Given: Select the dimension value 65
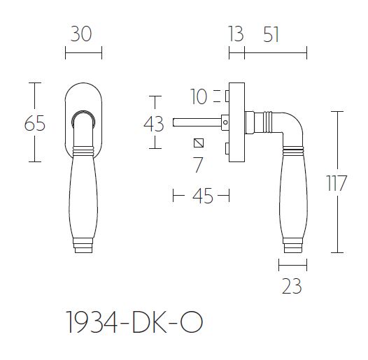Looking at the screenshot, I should [x=34, y=124].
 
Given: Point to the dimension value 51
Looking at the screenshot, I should [x=267, y=34].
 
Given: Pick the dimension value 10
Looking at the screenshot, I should [x=199, y=96].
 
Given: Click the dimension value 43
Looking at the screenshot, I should [x=153, y=124].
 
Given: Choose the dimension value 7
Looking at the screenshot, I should [x=198, y=166].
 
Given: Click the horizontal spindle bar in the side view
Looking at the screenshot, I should [x=199, y=122].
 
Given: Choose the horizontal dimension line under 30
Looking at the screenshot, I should [x=83, y=53].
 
